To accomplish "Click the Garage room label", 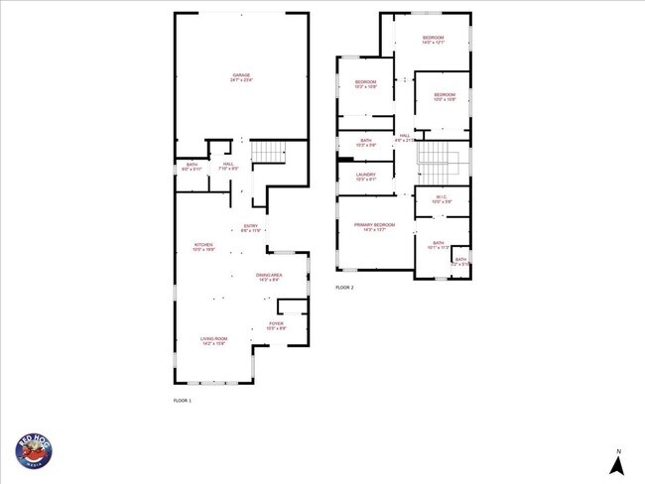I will click(241, 76).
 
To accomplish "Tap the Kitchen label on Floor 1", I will click(203, 246).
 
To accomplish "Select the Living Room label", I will click(214, 340).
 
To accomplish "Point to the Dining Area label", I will click(269, 277).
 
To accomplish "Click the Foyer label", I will click(276, 324).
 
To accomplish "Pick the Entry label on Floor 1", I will click(251, 227).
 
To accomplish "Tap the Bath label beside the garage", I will click(192, 167).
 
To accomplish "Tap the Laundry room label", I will click(365, 177).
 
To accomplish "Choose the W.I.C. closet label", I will click(442, 199).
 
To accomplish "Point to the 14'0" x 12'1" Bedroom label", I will click(433, 40).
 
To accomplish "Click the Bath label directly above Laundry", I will click(365, 143).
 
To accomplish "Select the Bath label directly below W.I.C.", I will click(438, 244).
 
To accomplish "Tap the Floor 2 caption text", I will click(344, 288).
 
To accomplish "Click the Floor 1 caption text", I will click(183, 400).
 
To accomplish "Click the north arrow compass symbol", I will click(617, 463).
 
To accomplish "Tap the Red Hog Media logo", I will click(34, 451).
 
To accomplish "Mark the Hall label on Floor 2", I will click(404, 138).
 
